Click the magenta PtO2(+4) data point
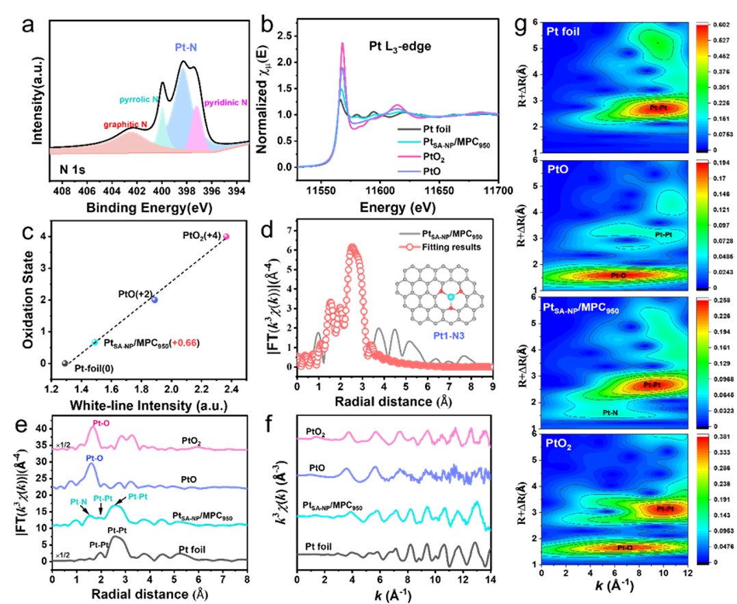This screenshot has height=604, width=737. [227, 237]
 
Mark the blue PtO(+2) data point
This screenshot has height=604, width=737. [155, 300]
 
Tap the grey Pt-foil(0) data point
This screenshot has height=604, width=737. [65, 363]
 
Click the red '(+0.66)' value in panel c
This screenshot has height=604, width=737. [179, 342]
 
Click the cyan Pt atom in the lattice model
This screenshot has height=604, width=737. [451, 298]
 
